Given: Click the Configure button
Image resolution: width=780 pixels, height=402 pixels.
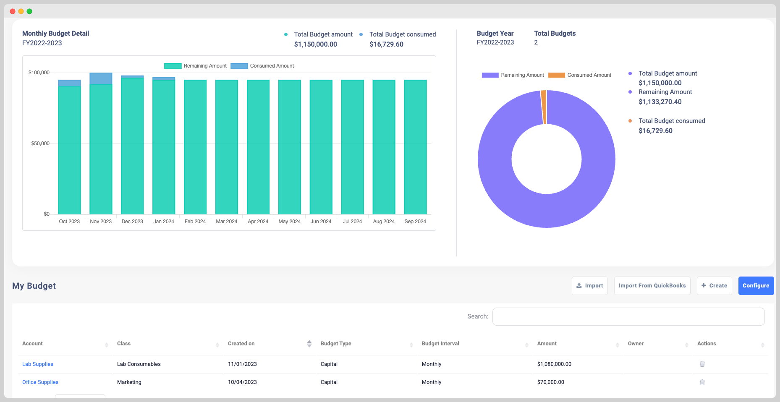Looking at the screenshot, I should click(756, 286).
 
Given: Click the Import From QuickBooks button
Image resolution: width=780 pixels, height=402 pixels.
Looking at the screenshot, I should click(652, 286).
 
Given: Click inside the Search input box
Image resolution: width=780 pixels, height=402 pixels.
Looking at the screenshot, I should click(628, 316).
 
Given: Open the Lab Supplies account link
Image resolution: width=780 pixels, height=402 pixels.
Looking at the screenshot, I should click(38, 364).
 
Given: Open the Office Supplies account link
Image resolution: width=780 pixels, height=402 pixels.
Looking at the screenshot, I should click(40, 382).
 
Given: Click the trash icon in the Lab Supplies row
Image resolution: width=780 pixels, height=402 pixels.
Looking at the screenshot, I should click(702, 364).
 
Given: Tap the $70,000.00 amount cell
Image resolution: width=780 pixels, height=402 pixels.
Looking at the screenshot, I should click(550, 382).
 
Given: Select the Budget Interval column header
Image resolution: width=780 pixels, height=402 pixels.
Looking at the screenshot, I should click(440, 344).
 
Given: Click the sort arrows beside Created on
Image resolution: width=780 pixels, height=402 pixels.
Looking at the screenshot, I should click(309, 344).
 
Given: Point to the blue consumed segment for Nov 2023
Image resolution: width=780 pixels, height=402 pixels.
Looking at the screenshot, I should click(101, 79).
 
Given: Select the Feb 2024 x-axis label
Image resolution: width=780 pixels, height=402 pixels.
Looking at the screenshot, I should click(195, 222).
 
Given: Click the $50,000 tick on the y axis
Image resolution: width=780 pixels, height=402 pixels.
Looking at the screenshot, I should click(40, 144).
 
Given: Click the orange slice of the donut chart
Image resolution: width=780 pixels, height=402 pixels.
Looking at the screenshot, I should click(544, 107).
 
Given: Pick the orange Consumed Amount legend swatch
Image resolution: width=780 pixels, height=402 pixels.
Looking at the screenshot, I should click(556, 75).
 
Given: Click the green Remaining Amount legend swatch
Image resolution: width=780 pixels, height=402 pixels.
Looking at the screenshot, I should click(173, 66).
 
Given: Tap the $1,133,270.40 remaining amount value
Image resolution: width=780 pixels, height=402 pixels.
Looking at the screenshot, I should click(660, 102).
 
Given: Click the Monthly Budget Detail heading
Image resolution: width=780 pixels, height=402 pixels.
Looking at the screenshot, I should click(56, 34).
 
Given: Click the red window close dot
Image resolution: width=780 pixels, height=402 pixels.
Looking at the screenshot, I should click(13, 11).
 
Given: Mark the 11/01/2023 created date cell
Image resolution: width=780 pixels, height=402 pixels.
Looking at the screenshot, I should click(242, 364).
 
